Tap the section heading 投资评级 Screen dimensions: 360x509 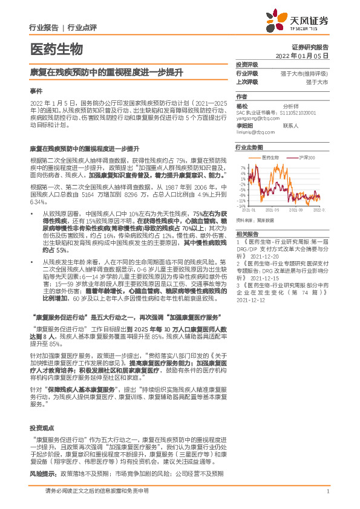click(x=247, y=64)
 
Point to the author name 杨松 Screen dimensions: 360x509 click(x=242, y=105)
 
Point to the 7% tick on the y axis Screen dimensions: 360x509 click(x=242, y=166)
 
